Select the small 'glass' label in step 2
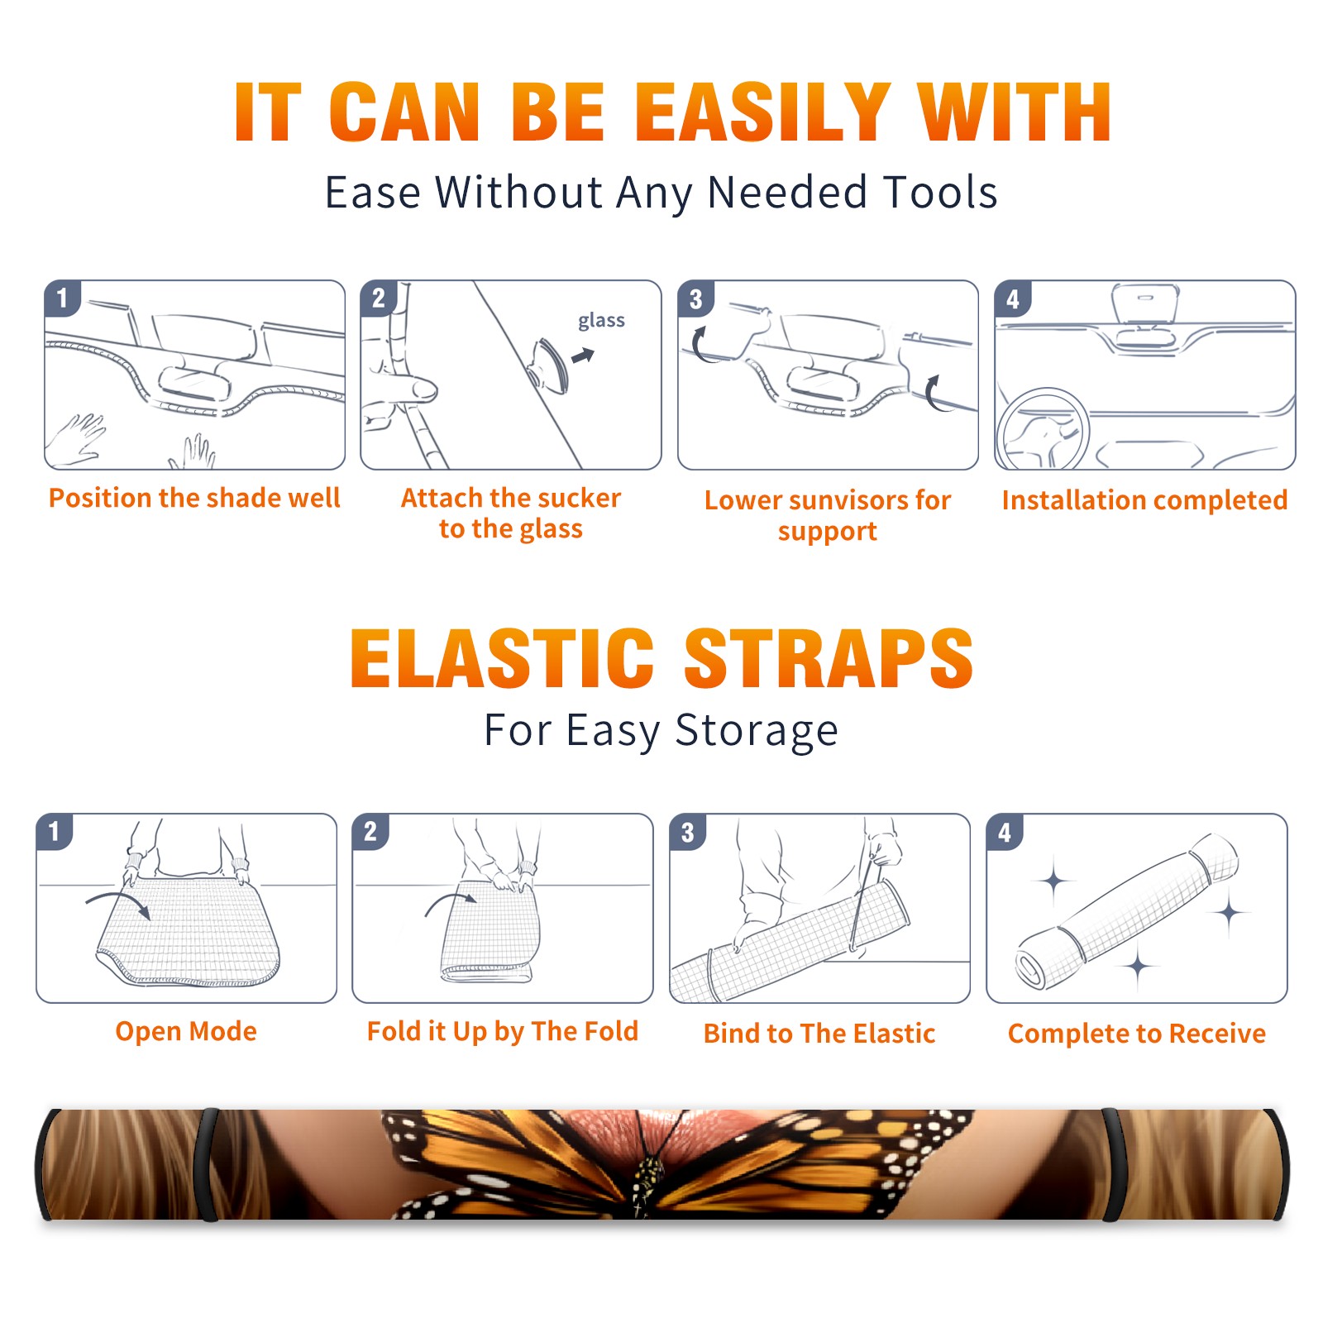[x=601, y=321]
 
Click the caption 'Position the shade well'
[x=194, y=498]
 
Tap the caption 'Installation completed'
[x=1144, y=499]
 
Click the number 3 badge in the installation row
[x=695, y=299]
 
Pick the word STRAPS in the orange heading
[x=829, y=658]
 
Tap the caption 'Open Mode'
[x=186, y=1031]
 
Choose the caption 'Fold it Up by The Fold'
[x=503, y=1031]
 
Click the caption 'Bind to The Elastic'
[x=819, y=1034]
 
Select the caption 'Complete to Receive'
[x=1137, y=1034]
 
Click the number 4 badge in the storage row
[x=1005, y=832]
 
